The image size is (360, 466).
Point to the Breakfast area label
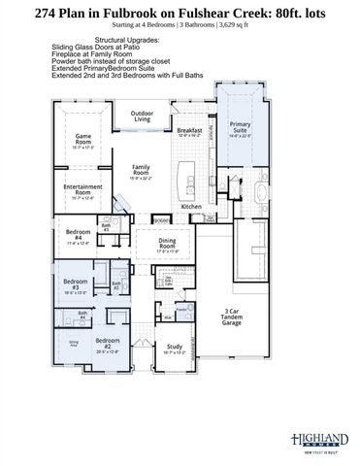coord(190,131)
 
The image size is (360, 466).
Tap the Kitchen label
coord(191,206)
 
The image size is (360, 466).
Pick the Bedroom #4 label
coord(80,236)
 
